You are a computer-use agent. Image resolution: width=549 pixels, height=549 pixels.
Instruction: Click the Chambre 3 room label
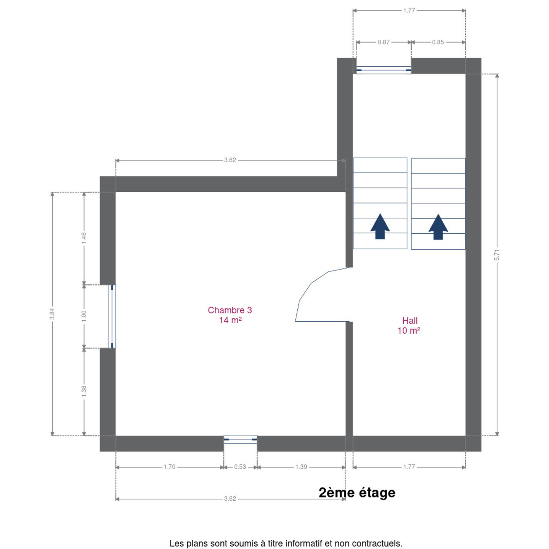[x=230, y=315]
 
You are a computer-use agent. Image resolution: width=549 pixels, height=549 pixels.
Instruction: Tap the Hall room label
[x=409, y=325]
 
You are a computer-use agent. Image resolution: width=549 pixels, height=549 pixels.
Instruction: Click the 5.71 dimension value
[x=497, y=255]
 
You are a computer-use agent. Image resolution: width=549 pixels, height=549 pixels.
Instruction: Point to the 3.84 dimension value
[x=52, y=314]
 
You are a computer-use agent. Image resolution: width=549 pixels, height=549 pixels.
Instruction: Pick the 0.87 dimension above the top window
[x=384, y=42]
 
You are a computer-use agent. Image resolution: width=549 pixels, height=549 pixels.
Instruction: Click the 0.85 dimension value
[x=438, y=42]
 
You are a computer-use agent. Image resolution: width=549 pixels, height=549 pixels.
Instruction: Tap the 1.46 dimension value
[x=84, y=238]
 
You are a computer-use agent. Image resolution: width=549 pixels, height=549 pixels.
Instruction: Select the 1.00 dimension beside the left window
[x=84, y=316]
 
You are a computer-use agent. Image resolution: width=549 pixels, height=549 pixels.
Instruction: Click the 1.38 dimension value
[x=84, y=391]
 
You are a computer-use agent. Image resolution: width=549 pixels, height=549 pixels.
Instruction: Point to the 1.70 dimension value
[x=169, y=467]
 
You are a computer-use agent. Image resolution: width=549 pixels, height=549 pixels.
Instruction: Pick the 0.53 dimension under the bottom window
[x=240, y=467]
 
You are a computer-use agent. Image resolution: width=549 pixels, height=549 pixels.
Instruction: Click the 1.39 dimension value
[x=301, y=467]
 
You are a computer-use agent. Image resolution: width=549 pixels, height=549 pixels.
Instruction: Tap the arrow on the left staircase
[x=380, y=226]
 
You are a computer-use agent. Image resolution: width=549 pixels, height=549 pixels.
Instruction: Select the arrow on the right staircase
[x=438, y=227]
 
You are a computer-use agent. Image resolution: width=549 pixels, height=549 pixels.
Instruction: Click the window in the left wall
[x=112, y=316]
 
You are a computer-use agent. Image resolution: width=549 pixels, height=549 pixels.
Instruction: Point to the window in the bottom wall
[x=240, y=439]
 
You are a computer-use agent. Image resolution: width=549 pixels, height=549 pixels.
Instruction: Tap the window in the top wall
[x=384, y=70]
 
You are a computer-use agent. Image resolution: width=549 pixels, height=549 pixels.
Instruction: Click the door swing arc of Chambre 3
[x=311, y=283]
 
